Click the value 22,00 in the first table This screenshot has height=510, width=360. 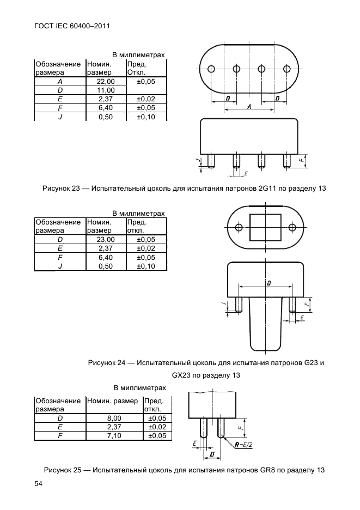pos(105,81)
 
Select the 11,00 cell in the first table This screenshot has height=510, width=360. pos(105,90)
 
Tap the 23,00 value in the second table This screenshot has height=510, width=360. pos(105,239)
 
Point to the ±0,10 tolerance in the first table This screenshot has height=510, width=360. pos(145,117)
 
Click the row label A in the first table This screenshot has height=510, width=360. pos(59,81)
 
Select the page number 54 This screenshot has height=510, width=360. pos(39,484)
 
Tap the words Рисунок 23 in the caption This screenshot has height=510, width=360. pos(60,189)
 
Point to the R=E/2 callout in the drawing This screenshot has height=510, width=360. pos(243,445)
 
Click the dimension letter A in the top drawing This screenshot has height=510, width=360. pos(249,107)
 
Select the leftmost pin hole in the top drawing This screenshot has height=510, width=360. pos(211,69)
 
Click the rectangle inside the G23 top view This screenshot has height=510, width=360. pos(264,227)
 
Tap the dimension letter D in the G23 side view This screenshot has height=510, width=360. pos(269,282)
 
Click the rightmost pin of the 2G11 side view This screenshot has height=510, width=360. pos(286,161)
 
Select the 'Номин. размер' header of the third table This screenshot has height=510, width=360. pos(112,401)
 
